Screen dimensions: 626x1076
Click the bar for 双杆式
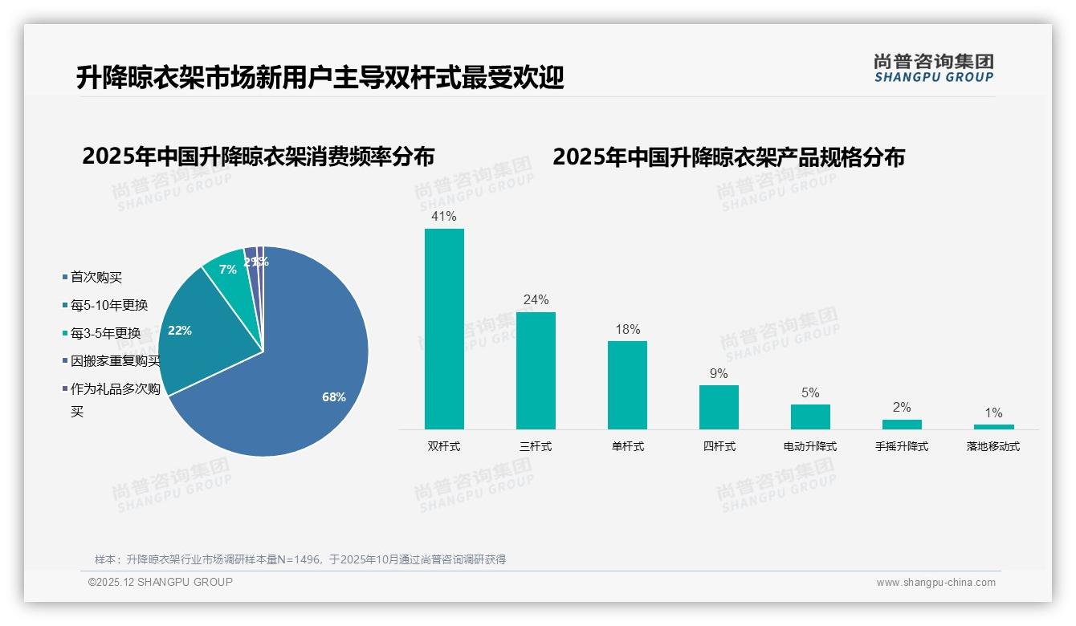point(444,329)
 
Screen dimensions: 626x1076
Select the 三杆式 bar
point(536,371)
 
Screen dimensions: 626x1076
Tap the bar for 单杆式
point(627,385)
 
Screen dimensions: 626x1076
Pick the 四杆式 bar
point(719,407)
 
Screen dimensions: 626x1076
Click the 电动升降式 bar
point(810,417)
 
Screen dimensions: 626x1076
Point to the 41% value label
point(444,217)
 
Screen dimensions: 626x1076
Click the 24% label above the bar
point(536,300)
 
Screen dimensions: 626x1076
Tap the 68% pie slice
point(305,377)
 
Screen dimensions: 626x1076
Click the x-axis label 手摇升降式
point(902,446)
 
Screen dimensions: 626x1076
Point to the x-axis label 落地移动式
point(993,446)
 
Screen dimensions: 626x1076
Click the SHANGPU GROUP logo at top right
point(934,68)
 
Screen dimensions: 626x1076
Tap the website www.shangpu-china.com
point(935,583)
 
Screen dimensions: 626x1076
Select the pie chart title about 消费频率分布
point(258,156)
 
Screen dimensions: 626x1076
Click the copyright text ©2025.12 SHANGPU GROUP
point(161,583)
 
